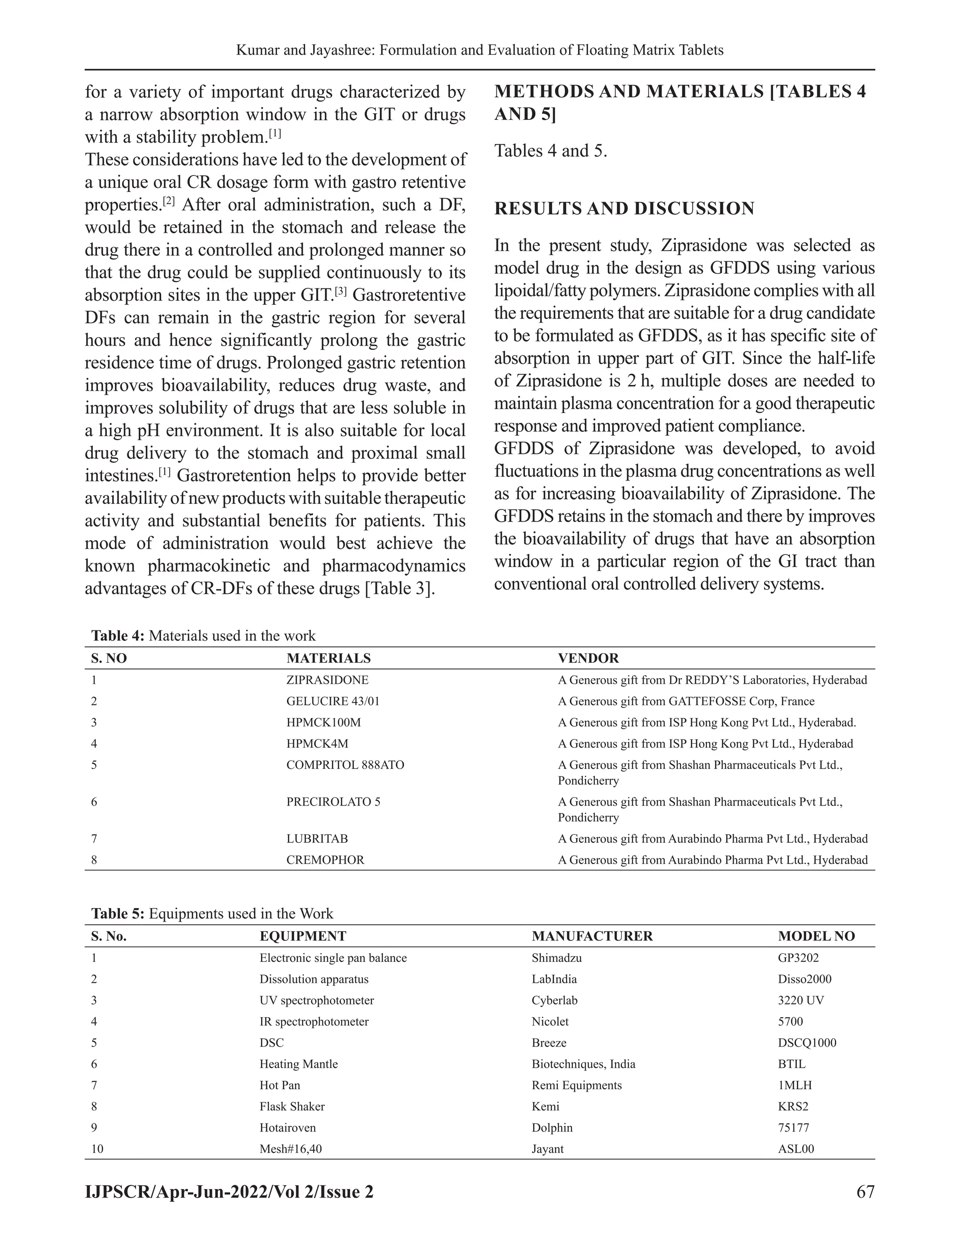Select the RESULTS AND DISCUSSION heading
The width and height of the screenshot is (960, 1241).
[x=624, y=208]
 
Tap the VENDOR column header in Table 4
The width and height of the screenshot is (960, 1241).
[x=588, y=658]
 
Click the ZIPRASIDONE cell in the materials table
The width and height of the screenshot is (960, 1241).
[x=327, y=680]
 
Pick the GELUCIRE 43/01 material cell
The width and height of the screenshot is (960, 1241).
[x=333, y=701]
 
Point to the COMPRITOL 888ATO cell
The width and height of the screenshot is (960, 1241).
[x=345, y=765]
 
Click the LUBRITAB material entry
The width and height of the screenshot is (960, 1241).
[x=317, y=839]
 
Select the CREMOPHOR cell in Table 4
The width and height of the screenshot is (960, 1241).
[x=325, y=860]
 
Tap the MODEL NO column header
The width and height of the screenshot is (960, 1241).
[x=816, y=936]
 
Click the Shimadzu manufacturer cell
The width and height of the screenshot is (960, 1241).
[x=556, y=958]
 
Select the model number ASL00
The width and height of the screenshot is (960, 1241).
[x=795, y=1148]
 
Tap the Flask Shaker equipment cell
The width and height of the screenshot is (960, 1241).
[x=292, y=1106]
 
